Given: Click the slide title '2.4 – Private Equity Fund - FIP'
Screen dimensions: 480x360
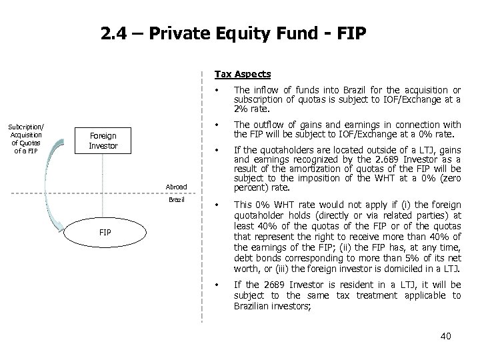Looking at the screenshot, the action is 233,33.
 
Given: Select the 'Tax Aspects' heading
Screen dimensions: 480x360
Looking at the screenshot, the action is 242,74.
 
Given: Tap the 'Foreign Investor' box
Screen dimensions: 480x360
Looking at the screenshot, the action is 103,141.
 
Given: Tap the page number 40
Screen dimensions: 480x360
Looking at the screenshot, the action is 445,336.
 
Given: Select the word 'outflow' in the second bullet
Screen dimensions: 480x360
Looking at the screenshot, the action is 265,125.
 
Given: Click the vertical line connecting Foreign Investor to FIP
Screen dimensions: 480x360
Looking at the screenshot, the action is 104,187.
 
